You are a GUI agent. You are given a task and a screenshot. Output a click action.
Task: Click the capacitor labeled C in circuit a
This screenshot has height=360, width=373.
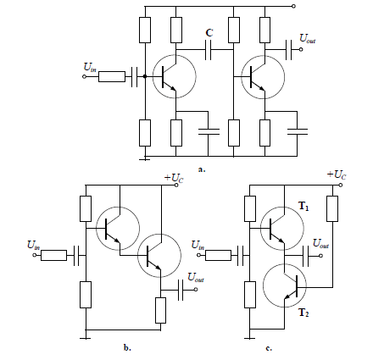click(208, 50)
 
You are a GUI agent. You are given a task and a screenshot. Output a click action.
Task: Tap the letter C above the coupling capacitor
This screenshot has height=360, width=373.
click(209, 33)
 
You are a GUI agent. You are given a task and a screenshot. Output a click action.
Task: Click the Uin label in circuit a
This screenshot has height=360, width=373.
click(90, 68)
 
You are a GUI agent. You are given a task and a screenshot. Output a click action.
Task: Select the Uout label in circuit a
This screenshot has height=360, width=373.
click(308, 38)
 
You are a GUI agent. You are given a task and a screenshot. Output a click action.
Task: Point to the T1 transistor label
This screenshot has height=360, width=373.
click(303, 206)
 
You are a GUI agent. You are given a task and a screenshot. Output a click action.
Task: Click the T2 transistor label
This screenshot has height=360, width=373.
click(303, 313)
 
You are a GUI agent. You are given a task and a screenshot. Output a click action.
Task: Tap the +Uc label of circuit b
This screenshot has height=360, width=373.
click(174, 178)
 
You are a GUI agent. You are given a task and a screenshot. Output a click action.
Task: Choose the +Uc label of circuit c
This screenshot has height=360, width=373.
click(337, 175)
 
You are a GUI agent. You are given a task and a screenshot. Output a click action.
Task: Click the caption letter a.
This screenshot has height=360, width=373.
click(202, 169)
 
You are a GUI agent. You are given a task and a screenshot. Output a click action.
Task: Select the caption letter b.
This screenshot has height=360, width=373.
click(127, 347)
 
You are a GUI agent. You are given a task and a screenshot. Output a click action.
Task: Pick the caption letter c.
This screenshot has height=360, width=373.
click(269, 348)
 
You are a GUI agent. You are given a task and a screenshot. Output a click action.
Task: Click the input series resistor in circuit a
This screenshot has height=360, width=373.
click(112, 76)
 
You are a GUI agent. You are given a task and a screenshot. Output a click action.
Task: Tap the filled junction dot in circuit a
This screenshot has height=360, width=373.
click(145, 76)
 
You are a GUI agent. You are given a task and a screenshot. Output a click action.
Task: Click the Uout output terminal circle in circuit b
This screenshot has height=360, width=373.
click(196, 290)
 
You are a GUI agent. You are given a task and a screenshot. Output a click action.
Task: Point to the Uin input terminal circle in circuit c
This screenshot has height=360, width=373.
click(198, 255)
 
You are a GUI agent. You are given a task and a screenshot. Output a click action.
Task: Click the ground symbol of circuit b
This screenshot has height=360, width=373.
click(86, 338)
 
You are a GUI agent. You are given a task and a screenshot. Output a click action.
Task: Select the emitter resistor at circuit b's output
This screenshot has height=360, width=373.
click(160, 310)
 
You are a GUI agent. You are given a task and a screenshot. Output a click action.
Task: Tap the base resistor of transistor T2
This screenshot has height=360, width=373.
click(332, 208)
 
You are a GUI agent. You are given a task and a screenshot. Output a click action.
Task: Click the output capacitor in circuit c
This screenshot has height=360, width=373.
click(305, 256)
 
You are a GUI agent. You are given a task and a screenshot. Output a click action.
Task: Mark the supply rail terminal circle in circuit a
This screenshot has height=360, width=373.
click(293, 6)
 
